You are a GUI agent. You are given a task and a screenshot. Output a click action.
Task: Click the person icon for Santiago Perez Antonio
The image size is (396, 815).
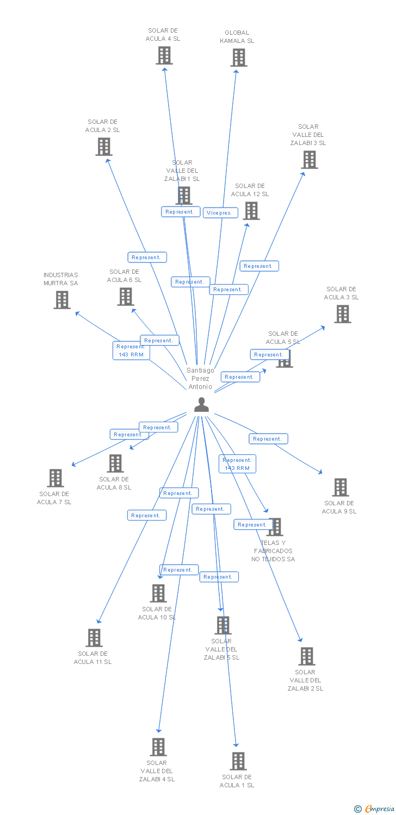point(201,405)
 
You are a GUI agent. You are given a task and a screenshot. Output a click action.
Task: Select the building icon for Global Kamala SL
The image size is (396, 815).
point(238,58)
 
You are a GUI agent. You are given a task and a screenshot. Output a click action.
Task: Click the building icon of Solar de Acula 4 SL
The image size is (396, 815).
point(164,55)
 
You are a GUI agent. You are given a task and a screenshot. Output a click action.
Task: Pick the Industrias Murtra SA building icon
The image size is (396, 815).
point(62,300)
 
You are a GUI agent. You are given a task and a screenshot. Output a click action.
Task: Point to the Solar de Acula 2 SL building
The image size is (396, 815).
point(104,147)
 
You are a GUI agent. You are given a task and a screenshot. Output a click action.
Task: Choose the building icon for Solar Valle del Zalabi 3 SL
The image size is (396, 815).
point(310,160)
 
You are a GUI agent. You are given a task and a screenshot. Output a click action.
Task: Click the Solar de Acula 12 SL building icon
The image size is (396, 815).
point(251,211)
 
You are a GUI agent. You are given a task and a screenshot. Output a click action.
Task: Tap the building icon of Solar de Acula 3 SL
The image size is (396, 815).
point(342,314)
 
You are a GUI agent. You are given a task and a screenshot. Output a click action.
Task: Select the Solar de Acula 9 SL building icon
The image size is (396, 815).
point(341,487)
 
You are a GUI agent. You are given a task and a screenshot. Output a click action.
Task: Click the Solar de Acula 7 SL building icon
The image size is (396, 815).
point(55,478)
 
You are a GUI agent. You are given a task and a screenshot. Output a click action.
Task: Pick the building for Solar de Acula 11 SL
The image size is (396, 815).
point(94,638)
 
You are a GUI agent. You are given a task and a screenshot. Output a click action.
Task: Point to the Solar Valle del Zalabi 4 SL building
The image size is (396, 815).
point(158,747)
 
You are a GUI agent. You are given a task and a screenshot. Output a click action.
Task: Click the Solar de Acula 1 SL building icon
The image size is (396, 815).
point(238,761)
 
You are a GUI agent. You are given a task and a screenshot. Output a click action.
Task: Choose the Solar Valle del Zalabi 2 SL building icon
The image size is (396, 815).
point(307,656)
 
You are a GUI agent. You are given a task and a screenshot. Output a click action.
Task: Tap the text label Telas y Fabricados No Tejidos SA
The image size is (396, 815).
point(273,551)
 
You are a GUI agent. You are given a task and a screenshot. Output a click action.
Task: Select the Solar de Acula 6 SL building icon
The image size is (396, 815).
point(126,297)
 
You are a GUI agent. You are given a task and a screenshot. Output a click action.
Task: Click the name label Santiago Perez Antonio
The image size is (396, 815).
point(200,378)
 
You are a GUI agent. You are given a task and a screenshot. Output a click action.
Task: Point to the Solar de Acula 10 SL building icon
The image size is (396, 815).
point(158,593)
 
